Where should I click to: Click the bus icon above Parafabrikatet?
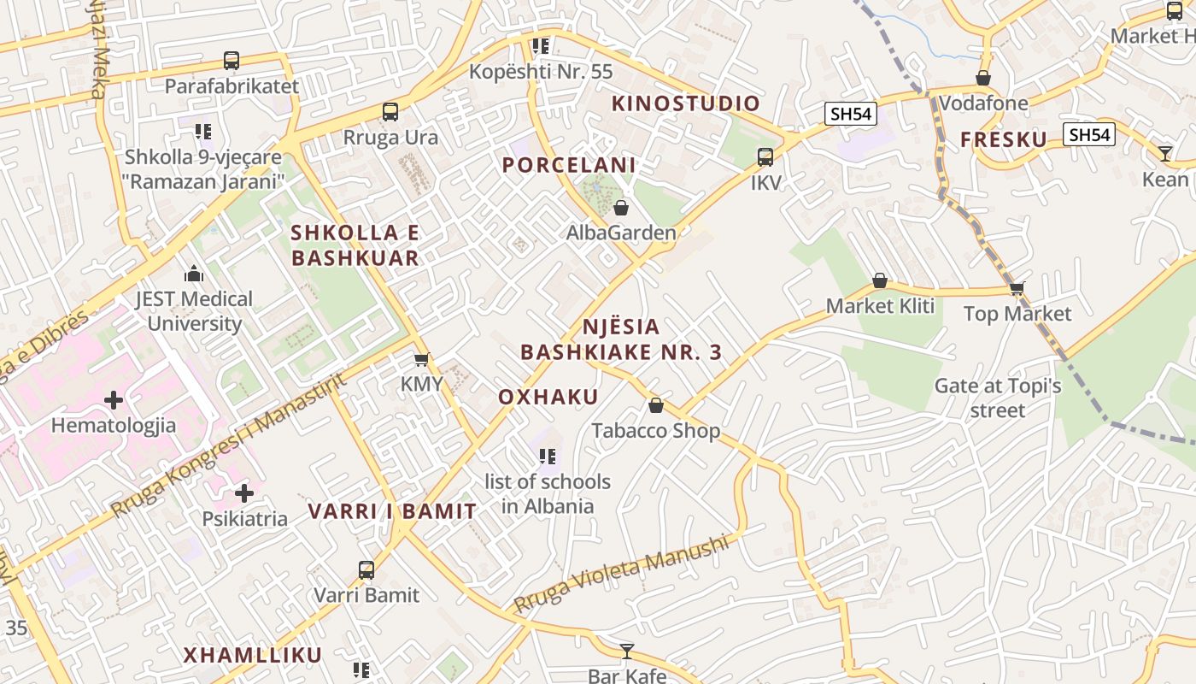(232, 61)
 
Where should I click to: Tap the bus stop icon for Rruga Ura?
(390, 112)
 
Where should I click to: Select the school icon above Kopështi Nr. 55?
(540, 45)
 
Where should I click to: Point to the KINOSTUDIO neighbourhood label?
(686, 103)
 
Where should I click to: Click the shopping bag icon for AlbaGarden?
(621, 208)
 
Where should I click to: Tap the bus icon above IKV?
(765, 157)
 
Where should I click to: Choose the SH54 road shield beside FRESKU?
(1089, 134)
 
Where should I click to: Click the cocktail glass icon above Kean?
(1165, 154)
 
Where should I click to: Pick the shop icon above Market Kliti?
(880, 280)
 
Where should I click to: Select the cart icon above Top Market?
(1017, 288)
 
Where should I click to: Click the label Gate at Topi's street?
(998, 398)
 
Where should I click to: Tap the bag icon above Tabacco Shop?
(656, 405)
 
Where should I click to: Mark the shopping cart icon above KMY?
(421, 359)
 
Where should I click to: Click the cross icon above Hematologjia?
(114, 400)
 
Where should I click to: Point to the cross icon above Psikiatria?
(244, 493)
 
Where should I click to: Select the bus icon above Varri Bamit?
(366, 569)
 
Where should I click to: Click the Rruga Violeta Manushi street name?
(623, 573)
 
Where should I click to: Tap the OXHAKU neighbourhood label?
(548, 398)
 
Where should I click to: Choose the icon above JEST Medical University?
(194, 274)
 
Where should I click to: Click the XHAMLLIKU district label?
(253, 656)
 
